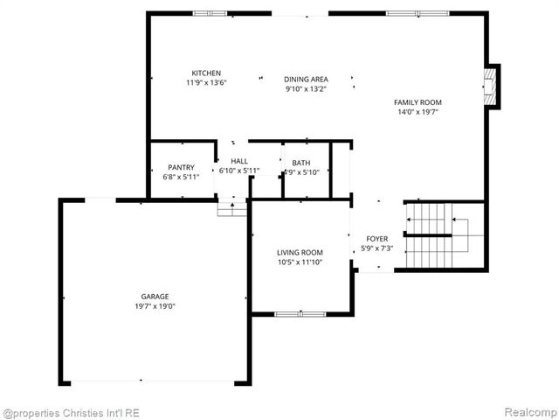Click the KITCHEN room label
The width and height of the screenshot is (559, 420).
(x=206, y=73)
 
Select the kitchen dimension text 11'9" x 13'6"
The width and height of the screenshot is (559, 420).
(x=206, y=83)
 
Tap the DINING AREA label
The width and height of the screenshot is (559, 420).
(x=306, y=78)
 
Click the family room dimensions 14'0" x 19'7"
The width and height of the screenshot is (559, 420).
(x=418, y=112)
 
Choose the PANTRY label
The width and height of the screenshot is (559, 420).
(x=181, y=167)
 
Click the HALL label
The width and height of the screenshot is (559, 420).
(x=239, y=161)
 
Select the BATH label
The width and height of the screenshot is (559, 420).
(x=300, y=163)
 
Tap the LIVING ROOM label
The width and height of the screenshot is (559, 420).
(x=300, y=252)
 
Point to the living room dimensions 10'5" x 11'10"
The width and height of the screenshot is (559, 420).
(x=300, y=262)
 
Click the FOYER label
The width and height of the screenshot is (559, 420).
(x=376, y=238)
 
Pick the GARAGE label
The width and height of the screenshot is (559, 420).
(x=155, y=296)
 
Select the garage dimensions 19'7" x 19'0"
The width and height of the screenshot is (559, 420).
(x=155, y=306)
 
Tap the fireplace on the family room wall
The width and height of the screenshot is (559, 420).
(x=492, y=87)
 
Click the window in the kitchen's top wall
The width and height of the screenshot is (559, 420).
(x=210, y=13)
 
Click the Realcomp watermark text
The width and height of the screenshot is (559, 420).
(x=527, y=412)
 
